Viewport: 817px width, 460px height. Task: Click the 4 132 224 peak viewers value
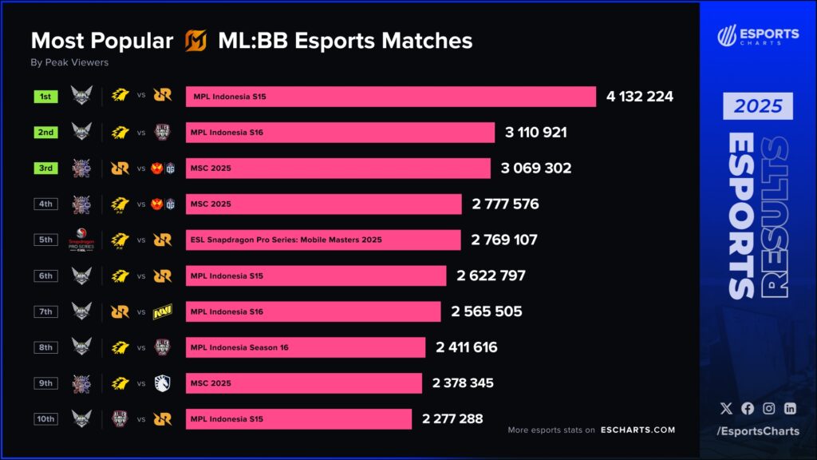click(639, 97)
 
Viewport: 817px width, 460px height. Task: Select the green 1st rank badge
click(45, 97)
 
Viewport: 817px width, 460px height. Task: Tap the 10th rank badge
click(45, 418)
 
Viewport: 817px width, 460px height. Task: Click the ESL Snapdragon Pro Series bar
click(323, 240)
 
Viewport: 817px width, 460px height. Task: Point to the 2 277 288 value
click(452, 418)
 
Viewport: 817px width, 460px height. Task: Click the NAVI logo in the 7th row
click(163, 311)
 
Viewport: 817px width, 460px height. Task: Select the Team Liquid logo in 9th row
click(163, 383)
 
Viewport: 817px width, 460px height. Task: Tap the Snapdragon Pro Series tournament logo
click(82, 240)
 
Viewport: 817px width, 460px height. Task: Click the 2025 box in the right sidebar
click(758, 106)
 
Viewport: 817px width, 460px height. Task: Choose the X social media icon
click(725, 408)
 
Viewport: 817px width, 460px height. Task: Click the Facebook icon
click(747, 408)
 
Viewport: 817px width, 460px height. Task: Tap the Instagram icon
click(768, 408)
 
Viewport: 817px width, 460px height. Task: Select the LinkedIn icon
click(790, 408)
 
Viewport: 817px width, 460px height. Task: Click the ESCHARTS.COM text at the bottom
click(637, 430)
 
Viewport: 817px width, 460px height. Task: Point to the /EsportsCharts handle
click(757, 432)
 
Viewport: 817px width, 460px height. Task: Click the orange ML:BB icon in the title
click(195, 41)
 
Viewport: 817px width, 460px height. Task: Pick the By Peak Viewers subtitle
click(69, 62)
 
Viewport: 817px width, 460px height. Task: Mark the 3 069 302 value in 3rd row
click(537, 169)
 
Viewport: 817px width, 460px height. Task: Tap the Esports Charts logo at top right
click(757, 36)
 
